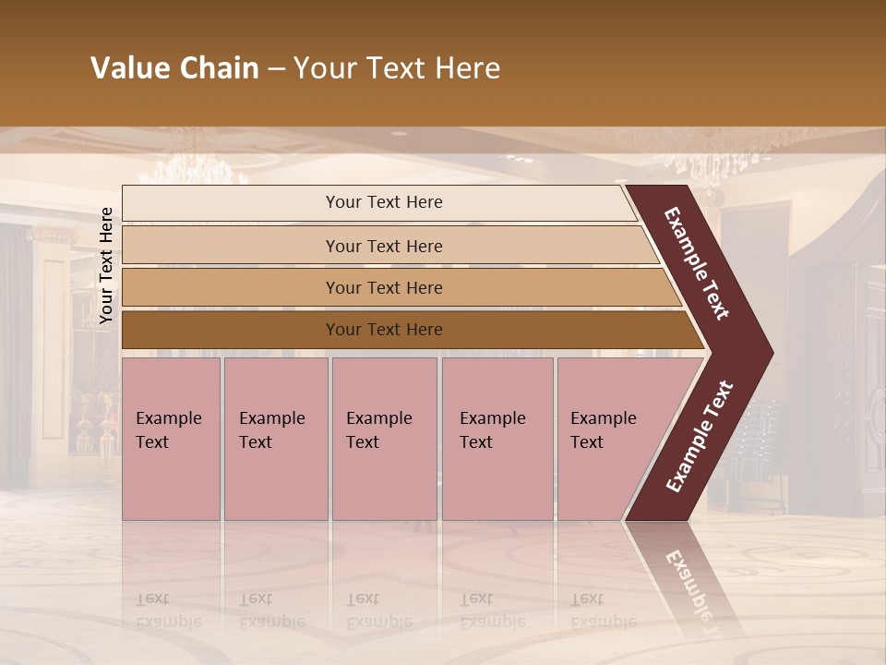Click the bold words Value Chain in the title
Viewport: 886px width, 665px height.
point(174,68)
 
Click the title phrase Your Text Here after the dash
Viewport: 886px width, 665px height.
point(397,68)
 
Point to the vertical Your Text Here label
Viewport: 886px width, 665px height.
point(106,266)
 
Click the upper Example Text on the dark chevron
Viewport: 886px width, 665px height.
point(697,263)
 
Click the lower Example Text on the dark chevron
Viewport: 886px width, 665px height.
point(700,436)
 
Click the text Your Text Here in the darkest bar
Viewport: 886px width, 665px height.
point(384,330)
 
